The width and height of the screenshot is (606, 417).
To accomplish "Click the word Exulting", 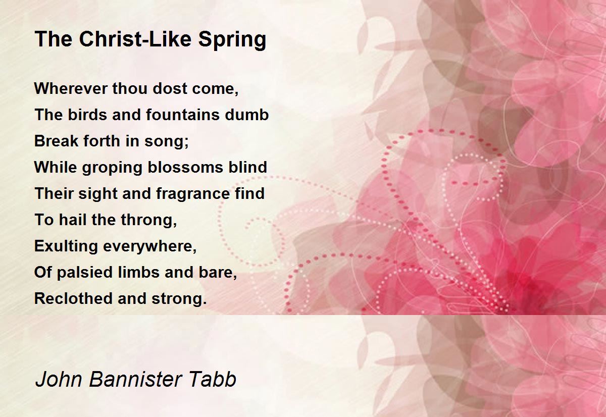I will point(66,247).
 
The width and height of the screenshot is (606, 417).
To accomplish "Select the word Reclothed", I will point(73,298).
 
